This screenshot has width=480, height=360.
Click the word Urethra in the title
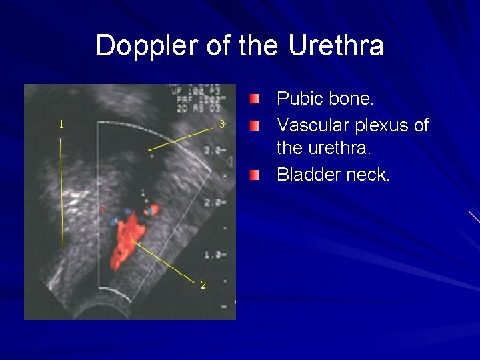click(x=337, y=46)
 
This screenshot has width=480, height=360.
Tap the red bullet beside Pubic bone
click(x=256, y=100)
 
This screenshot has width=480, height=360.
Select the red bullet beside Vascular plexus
click(x=256, y=125)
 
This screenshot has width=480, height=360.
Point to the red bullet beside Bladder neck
click(x=256, y=175)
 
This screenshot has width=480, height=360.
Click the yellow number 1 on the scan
click(x=62, y=123)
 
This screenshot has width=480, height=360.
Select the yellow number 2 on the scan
click(x=203, y=285)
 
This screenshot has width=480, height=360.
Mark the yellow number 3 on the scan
click(x=223, y=123)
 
